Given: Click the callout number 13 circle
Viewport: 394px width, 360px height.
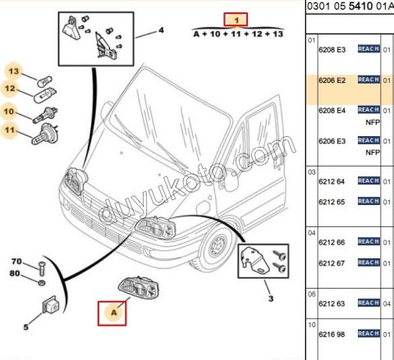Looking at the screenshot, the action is [x=13, y=71].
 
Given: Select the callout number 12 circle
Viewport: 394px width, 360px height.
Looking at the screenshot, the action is [x=10, y=89].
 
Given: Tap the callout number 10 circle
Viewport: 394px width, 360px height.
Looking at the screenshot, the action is [x=9, y=112].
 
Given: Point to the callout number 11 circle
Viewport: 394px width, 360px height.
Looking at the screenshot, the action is [x=10, y=130].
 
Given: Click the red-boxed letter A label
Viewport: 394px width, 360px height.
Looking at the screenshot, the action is [x=112, y=313].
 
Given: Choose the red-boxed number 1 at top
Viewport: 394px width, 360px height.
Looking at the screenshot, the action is [x=236, y=20].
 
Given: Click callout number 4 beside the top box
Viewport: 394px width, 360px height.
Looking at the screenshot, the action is [x=161, y=30].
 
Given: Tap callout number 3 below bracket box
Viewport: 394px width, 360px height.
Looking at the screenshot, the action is [x=271, y=298].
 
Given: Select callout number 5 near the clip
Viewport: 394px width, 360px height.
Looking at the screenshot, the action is [x=25, y=327].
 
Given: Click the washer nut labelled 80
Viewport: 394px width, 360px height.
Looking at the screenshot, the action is [x=41, y=283].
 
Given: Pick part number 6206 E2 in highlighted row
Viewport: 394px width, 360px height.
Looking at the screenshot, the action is [x=332, y=80].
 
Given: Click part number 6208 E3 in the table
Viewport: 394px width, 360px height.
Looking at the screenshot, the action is [x=332, y=50].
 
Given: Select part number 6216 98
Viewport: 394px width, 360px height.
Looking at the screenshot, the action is [x=332, y=335].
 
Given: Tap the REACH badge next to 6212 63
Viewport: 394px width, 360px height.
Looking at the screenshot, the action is [x=369, y=303].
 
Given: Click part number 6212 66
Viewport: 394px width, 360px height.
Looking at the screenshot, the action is [x=332, y=243].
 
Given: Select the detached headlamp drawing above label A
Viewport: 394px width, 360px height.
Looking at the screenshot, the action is [x=139, y=287].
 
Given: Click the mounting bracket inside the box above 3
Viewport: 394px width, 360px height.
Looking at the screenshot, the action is [x=254, y=261].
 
